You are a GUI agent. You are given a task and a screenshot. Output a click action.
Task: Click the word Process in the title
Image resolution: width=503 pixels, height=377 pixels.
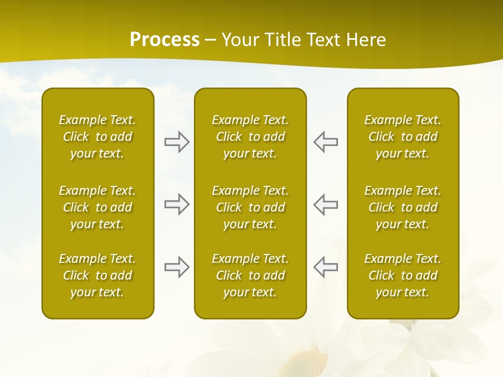[x=165, y=40]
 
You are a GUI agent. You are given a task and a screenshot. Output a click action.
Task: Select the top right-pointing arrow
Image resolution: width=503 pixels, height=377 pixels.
[x=177, y=142]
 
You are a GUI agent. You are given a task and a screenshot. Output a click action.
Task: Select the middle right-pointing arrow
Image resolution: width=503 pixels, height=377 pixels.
[x=177, y=204]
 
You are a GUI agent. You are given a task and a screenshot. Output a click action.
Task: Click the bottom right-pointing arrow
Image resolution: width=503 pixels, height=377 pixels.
[x=177, y=267]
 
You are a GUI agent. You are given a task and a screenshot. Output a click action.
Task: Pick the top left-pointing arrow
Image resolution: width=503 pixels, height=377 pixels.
[x=325, y=142]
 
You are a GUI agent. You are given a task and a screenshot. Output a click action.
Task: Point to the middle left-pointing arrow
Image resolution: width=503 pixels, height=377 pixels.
[x=325, y=204]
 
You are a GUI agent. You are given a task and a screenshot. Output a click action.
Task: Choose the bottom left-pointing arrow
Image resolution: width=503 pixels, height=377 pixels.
[x=325, y=267]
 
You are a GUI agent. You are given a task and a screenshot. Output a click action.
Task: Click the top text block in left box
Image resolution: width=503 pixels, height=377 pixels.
[x=97, y=137]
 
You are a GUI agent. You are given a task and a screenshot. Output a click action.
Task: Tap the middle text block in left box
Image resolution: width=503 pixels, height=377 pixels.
[x=97, y=207]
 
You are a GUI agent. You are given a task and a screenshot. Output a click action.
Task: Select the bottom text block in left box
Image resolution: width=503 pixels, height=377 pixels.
[x=97, y=275]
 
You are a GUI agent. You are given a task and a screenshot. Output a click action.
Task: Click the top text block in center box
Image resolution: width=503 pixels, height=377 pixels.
[x=250, y=137]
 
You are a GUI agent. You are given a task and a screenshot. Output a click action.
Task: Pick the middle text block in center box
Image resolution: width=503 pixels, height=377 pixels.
[x=250, y=207]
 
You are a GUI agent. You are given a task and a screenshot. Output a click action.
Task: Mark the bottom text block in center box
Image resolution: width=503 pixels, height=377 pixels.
[x=250, y=275]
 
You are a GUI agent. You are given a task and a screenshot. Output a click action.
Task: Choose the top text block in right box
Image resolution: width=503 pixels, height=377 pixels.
[x=402, y=137]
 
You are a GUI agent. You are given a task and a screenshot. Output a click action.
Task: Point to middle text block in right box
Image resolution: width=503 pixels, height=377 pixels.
[x=402, y=207]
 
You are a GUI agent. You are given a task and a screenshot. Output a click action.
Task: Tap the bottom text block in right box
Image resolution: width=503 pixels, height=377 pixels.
[x=402, y=275]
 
